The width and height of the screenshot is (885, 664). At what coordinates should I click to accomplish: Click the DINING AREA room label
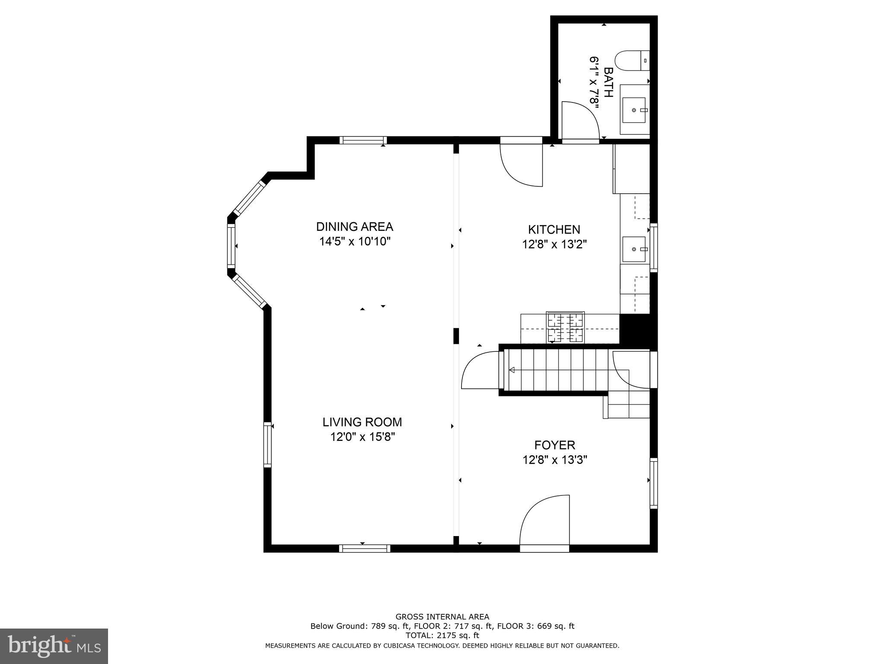[x=354, y=227]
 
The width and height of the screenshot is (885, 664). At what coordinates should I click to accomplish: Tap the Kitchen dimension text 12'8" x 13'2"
[x=554, y=245]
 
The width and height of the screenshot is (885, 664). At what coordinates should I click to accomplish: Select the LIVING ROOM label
[x=362, y=422]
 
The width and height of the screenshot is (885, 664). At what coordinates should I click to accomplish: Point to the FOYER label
[x=554, y=445]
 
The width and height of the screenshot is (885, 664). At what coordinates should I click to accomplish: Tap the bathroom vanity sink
[x=634, y=110]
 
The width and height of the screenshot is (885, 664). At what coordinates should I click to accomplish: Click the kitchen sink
[x=634, y=249]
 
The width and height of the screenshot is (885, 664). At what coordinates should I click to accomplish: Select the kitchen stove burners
[x=565, y=327]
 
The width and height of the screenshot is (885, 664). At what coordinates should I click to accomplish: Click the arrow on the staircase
[x=513, y=370]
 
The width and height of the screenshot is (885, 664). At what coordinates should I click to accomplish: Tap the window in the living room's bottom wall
[x=365, y=549]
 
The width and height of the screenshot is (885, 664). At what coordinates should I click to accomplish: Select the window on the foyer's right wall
[x=654, y=483]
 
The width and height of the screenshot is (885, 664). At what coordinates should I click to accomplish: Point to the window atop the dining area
[x=363, y=140]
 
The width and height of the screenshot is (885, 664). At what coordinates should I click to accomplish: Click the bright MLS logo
[x=54, y=646]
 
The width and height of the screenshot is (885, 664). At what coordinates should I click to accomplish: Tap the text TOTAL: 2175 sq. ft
[x=442, y=635]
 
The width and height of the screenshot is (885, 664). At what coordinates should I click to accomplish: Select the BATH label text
[x=608, y=82]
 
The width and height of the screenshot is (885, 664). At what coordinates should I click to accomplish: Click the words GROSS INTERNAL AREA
[x=442, y=617]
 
